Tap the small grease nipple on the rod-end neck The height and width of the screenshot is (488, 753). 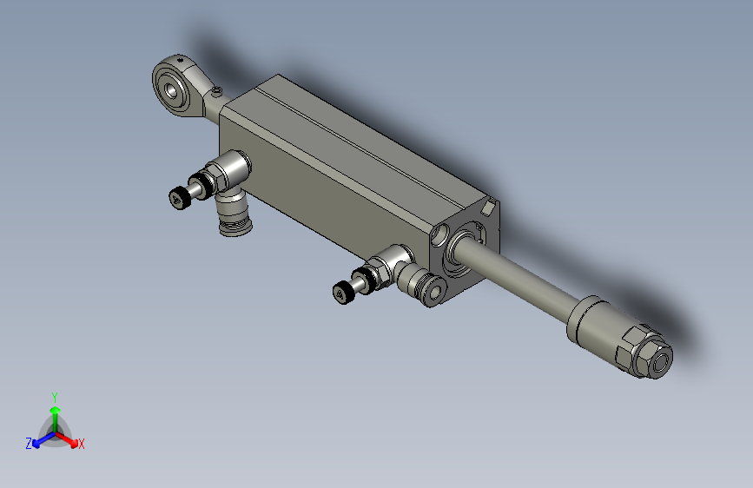coord(216,90)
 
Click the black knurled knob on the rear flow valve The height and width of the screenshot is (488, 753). coord(180,198)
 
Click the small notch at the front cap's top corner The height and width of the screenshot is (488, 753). coord(490,207)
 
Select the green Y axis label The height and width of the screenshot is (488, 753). coord(54,396)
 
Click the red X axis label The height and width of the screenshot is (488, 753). coord(82,444)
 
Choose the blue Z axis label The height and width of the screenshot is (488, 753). coord(29,444)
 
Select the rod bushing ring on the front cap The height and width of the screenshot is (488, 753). coord(460,248)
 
